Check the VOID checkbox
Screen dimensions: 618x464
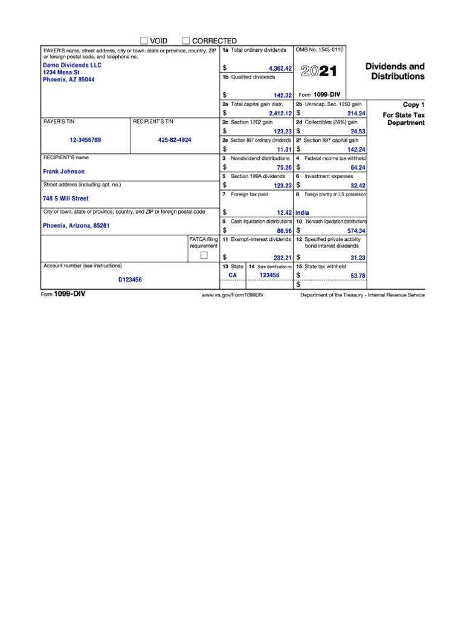pos(144,40)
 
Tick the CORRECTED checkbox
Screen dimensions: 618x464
pos(186,40)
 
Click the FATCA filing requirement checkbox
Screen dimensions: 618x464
pos(204,255)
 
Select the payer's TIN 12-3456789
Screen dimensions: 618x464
pos(85,140)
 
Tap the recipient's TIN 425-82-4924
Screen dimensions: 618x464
pos(175,140)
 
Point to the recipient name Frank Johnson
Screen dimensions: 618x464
pos(64,171)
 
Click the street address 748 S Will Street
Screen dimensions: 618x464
pos(65,199)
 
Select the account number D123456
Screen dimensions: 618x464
pos(130,280)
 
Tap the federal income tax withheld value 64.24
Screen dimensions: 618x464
pos(358,168)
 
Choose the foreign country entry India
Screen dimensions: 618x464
pos(302,213)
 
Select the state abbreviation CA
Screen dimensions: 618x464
pos(233,275)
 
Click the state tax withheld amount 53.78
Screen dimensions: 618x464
pos(358,276)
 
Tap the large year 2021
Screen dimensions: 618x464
pos(319,72)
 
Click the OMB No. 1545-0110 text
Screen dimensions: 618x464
pos(319,49)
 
